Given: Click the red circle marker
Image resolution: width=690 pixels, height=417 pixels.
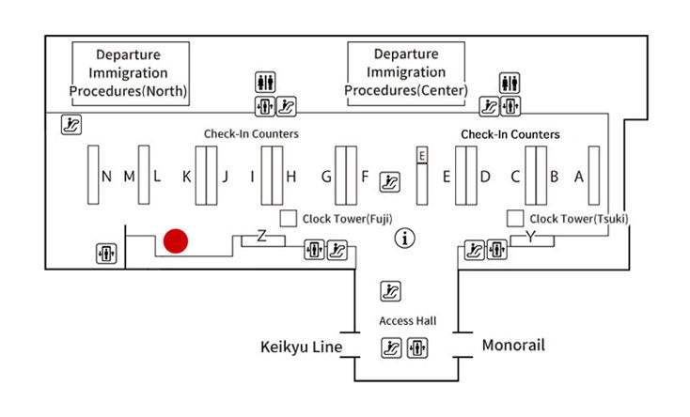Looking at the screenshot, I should click(176, 241).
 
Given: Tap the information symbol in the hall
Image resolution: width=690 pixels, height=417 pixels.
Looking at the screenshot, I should click(406, 239).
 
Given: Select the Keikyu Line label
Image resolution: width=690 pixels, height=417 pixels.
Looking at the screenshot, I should click(301, 347).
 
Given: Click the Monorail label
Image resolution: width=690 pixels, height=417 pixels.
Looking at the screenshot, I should click(513, 345).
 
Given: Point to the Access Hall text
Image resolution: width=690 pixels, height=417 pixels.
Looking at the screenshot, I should click(406, 321).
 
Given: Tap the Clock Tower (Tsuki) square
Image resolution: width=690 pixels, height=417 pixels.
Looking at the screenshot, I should click(515, 218).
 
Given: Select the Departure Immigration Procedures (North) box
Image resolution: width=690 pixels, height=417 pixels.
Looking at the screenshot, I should click(130, 72).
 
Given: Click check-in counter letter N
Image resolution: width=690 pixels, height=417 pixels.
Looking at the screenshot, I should click(106, 176).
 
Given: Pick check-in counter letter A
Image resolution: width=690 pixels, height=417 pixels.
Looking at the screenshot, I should click(579, 176).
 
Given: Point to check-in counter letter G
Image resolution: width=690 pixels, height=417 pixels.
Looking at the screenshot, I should click(326, 176).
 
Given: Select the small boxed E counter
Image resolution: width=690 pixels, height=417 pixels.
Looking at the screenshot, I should click(422, 155).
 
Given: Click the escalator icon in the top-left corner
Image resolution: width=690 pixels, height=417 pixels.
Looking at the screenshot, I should click(71, 123).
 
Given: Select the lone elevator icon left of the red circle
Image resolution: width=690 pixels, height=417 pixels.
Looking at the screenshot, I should click(106, 254).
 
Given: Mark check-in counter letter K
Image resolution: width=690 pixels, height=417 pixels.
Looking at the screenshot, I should click(187, 176).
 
